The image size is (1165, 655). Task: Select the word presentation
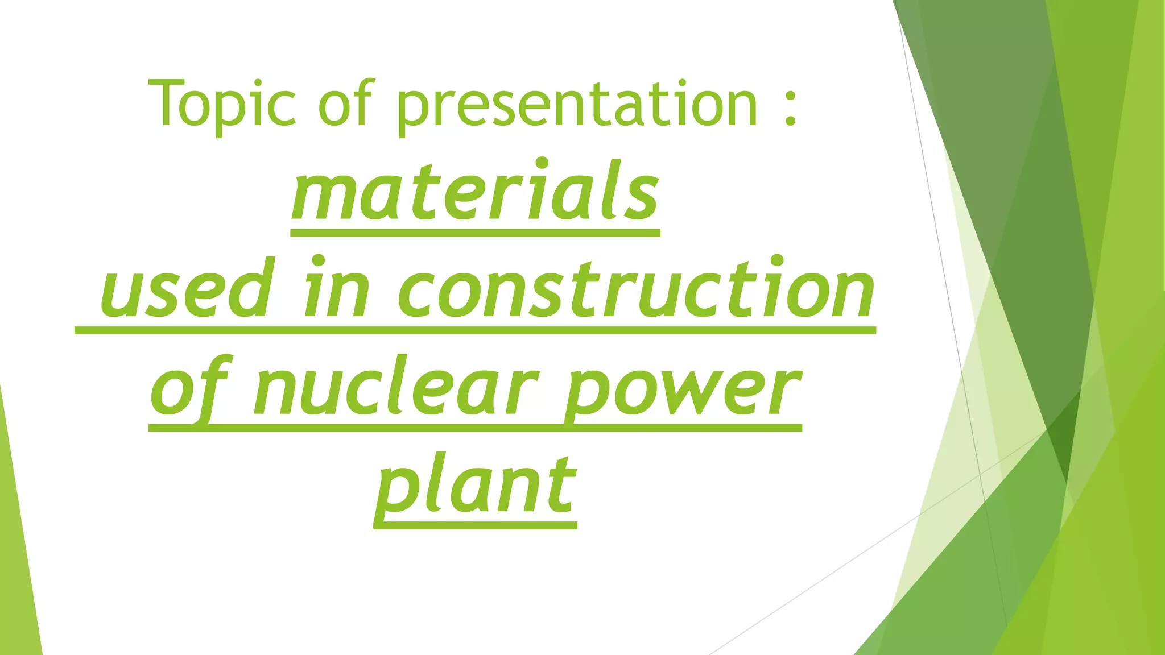[x=577, y=105]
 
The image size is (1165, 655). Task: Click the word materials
[x=476, y=190]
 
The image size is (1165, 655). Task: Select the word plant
[x=476, y=486]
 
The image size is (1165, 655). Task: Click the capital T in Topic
[x=165, y=102]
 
